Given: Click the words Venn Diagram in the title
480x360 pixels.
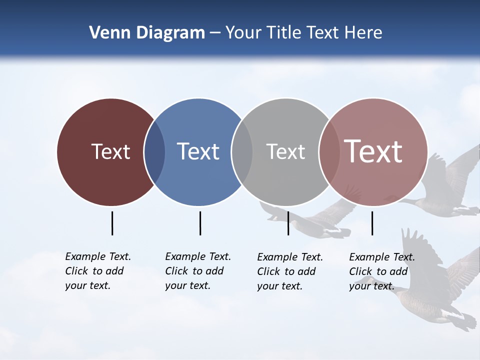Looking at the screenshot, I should click(x=146, y=33).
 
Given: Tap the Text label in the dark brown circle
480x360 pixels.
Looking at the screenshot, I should click(x=110, y=151).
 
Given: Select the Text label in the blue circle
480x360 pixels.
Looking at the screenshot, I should click(x=198, y=151).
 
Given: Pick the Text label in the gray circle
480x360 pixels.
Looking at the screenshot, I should click(x=285, y=151).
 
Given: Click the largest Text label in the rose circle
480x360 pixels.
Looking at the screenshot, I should click(x=373, y=151).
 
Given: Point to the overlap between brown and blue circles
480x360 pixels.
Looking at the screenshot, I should click(x=154, y=152).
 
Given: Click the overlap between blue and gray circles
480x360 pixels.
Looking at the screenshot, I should click(x=242, y=152).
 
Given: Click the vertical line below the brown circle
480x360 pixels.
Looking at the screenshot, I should click(x=112, y=223).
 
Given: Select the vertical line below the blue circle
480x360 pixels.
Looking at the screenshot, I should click(x=200, y=223).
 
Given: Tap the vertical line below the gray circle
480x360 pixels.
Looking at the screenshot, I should click(x=288, y=223).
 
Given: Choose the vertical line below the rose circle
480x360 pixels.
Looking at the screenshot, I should click(x=372, y=223).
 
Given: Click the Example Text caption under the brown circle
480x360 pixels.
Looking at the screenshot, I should click(x=97, y=271).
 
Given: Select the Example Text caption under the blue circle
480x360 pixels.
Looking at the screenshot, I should click(x=197, y=271).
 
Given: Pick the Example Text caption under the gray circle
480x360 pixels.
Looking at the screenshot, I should click(x=289, y=271).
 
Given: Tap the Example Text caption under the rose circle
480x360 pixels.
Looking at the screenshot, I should click(x=381, y=271).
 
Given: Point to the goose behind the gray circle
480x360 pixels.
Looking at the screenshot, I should click(x=310, y=220).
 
